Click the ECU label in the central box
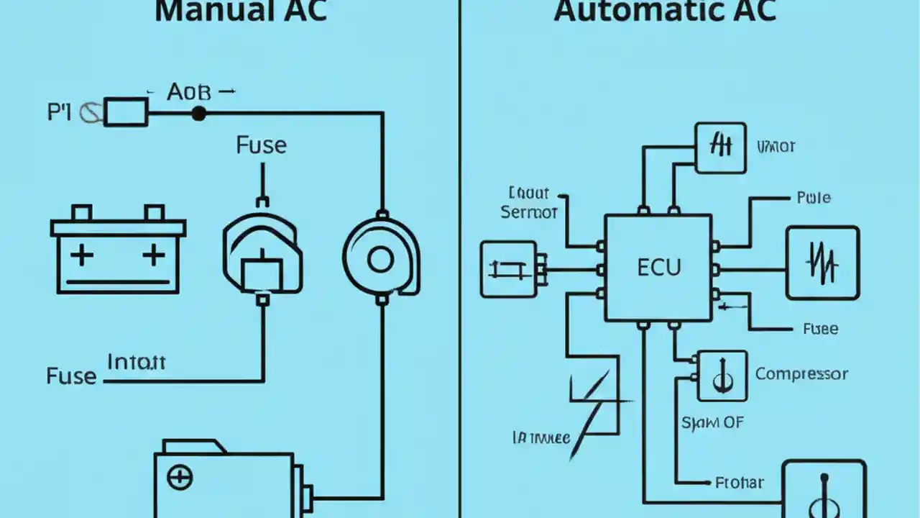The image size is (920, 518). tap(658, 268)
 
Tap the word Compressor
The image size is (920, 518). tap(801, 374)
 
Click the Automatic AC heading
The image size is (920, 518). tap(666, 12)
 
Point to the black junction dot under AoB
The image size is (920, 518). tap(198, 113)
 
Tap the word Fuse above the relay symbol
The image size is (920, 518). tap(261, 145)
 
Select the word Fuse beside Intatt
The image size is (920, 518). tap(71, 376)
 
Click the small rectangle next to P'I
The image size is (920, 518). tap(126, 112)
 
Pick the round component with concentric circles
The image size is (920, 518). tap(381, 258)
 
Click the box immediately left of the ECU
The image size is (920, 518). tap(508, 269)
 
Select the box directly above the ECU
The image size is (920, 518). tap(721, 147)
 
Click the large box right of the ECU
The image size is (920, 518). tap(822, 263)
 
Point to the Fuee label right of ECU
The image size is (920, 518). tap(820, 329)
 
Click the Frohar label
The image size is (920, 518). tap(740, 483)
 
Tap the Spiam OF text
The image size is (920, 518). tap(712, 422)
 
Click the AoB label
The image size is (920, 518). tap(190, 92)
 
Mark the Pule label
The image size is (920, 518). tap(814, 197)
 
